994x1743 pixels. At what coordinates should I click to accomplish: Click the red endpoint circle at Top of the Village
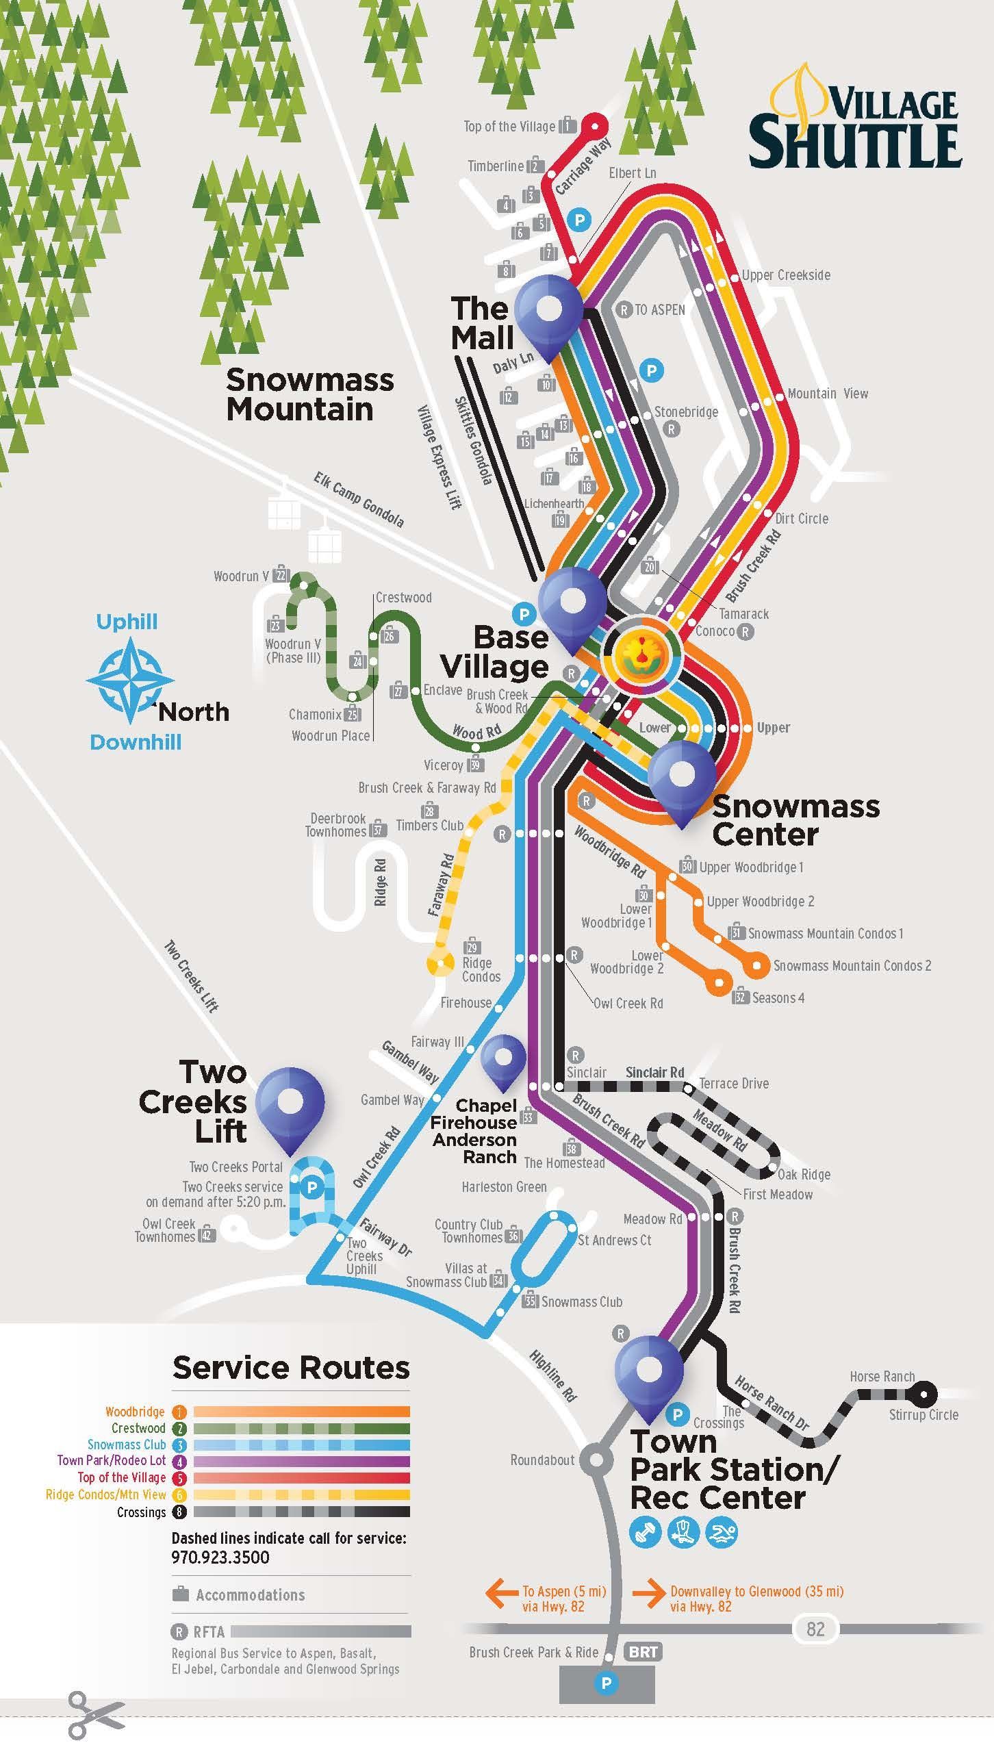594,126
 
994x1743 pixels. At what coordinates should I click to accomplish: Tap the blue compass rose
130,681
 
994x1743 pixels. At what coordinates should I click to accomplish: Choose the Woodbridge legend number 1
179,1412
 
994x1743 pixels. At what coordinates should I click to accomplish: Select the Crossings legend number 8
179,1512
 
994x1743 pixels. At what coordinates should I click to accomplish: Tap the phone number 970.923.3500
220,1557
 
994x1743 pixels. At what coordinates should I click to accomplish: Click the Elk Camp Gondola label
359,499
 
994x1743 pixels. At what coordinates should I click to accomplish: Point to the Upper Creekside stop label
786,275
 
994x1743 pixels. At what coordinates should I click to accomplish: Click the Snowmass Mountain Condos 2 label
852,966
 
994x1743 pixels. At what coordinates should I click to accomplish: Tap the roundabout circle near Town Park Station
596,1460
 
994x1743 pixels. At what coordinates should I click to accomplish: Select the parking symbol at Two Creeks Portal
311,1187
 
